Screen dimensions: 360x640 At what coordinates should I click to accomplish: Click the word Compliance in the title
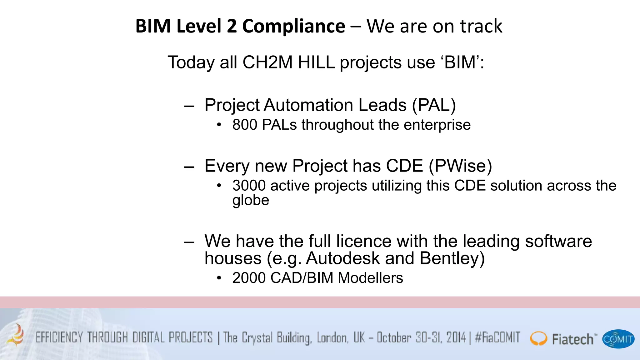pos(293,26)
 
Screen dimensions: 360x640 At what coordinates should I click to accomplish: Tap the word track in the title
pos(481,26)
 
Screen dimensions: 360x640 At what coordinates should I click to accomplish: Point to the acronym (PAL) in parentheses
pos(434,105)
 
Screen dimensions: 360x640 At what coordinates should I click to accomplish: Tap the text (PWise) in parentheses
pos(460,166)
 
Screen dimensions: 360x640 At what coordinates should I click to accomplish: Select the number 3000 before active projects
pos(249,186)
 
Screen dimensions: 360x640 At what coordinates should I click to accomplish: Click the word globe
pos(251,200)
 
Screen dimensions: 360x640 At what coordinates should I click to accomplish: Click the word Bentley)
pos(452,258)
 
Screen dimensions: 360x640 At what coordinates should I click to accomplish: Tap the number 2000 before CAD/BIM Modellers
pos(249,278)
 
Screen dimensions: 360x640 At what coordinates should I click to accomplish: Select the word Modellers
pos(370,278)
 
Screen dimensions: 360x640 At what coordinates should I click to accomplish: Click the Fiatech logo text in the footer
pos(572,339)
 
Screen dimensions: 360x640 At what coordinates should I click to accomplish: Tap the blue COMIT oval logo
pos(618,339)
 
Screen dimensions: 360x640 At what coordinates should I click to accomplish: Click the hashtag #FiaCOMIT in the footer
pos(497,338)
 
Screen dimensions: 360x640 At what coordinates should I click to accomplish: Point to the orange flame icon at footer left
pos(17,335)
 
